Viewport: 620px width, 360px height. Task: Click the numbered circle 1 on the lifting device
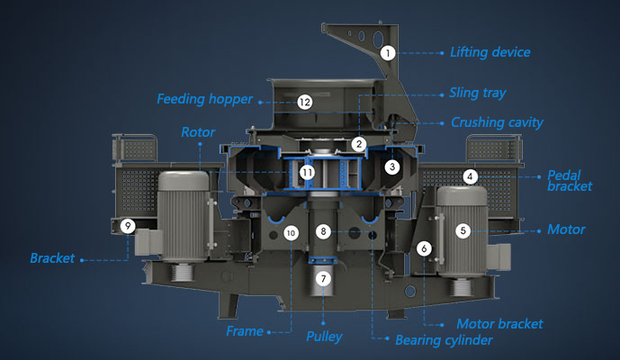coord(387,53)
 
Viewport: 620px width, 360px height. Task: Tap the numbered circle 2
coord(359,144)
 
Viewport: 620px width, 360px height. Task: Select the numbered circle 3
coord(391,166)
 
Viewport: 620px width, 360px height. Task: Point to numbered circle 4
coord(470,176)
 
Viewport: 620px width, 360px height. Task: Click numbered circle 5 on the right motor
coord(463,230)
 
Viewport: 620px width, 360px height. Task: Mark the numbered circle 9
coord(129,227)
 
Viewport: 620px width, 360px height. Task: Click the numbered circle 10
coord(290,233)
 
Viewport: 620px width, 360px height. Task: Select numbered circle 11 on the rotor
coord(308,171)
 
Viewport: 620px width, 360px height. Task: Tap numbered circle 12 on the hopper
coord(305,103)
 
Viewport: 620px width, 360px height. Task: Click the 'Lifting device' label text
coord(490,52)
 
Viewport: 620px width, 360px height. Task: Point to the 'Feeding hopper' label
coord(204,98)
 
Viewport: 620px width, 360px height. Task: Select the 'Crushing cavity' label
coord(491,122)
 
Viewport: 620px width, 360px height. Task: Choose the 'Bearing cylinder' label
coord(445,340)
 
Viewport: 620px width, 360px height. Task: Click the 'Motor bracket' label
coord(499,324)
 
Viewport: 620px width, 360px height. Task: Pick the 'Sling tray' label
coord(478,93)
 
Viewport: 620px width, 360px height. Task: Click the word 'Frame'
coord(245,331)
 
